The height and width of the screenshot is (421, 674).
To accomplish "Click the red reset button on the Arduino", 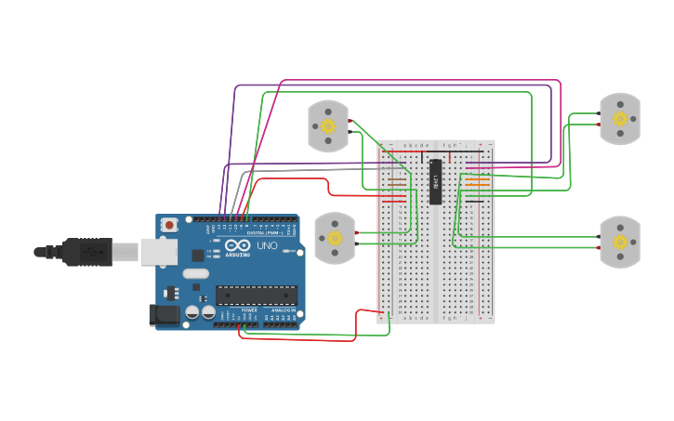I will click(x=169, y=224).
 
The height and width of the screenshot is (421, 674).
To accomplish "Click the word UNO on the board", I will click(x=267, y=245).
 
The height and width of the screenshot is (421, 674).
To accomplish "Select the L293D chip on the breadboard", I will click(x=435, y=181).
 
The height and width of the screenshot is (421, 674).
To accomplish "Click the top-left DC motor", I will click(x=328, y=125).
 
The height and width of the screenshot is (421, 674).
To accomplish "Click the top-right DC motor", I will click(x=619, y=118).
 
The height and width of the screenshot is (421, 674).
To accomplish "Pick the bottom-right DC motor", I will click(x=619, y=242).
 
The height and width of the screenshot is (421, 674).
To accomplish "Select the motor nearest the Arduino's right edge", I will click(x=335, y=238).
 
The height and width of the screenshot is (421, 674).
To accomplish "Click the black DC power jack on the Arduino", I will click(x=165, y=315).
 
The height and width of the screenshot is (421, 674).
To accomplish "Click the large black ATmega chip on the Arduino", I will click(x=257, y=296).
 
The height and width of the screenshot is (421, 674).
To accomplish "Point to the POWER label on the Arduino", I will click(x=249, y=310).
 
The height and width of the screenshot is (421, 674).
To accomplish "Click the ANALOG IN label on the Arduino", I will click(x=283, y=310).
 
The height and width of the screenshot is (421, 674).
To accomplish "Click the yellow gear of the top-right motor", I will click(x=620, y=119).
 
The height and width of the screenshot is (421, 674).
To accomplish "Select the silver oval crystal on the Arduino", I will click(x=195, y=273).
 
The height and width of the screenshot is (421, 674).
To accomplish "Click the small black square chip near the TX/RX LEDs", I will click(x=198, y=255).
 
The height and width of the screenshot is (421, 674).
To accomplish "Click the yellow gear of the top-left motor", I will click(x=328, y=126).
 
